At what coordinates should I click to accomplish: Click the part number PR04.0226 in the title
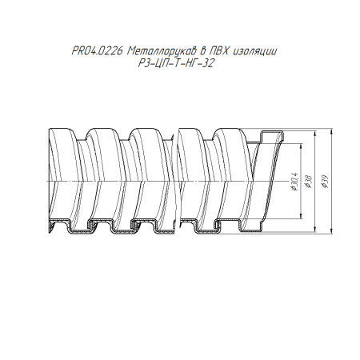(97, 50)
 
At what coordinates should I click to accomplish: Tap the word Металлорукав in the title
(162, 50)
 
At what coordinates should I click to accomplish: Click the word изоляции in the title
(255, 51)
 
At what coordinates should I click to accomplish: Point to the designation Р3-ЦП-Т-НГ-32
(176, 63)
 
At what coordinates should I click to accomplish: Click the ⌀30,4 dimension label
(295, 182)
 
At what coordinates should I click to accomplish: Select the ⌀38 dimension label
(310, 182)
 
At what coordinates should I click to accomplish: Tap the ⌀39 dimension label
(325, 182)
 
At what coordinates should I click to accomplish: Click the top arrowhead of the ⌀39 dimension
(331, 131)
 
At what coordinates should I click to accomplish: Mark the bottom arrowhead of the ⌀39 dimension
(331, 231)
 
